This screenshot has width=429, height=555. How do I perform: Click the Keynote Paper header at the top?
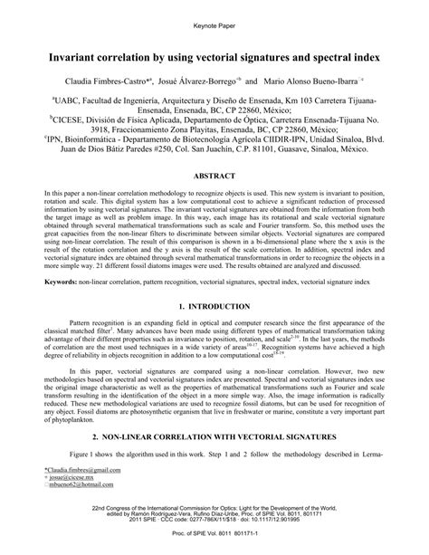point(214,18)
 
